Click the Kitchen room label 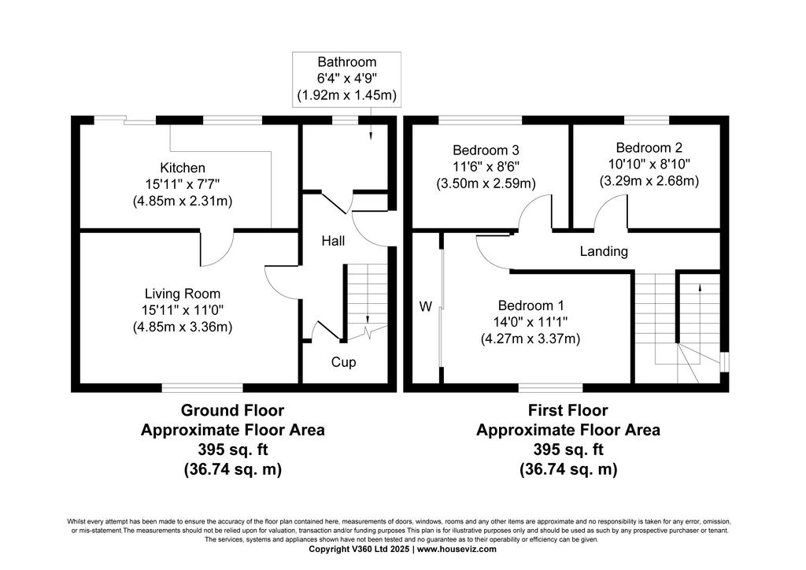pyautogui.click(x=183, y=168)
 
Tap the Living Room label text pyautogui.click(x=183, y=294)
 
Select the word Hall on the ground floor pyautogui.click(x=333, y=241)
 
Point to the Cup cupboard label pyautogui.click(x=343, y=362)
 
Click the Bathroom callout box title pyautogui.click(x=347, y=61)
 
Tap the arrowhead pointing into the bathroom pyautogui.click(x=371, y=135)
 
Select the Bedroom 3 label pyautogui.click(x=486, y=150)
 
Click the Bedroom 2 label pyautogui.click(x=649, y=147)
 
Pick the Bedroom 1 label pyautogui.click(x=531, y=305)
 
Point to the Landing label pyautogui.click(x=604, y=251)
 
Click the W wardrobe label pyautogui.click(x=426, y=306)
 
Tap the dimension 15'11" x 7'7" pyautogui.click(x=183, y=184)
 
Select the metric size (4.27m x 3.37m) pyautogui.click(x=531, y=339)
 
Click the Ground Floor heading pyautogui.click(x=232, y=410)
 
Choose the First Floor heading pyautogui.click(x=568, y=410)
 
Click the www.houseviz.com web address pyautogui.click(x=457, y=549)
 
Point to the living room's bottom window pyautogui.click(x=202, y=387)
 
